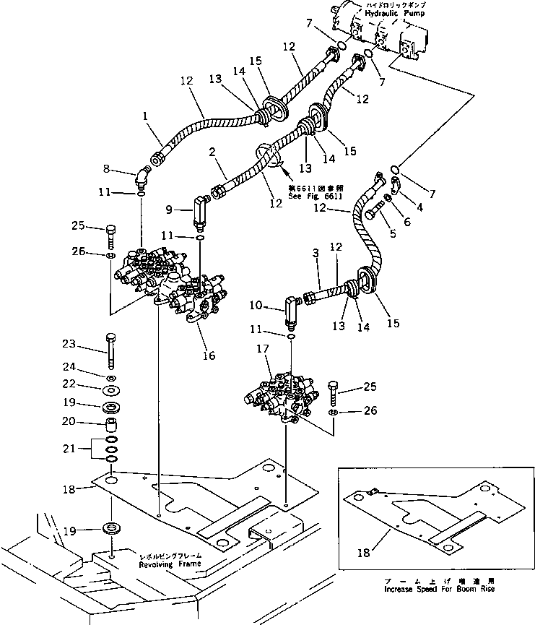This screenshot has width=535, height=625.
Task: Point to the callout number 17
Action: coord(263,348)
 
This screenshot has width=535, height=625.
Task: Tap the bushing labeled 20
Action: coord(111,422)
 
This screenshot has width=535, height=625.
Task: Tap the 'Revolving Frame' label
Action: coord(171,564)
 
